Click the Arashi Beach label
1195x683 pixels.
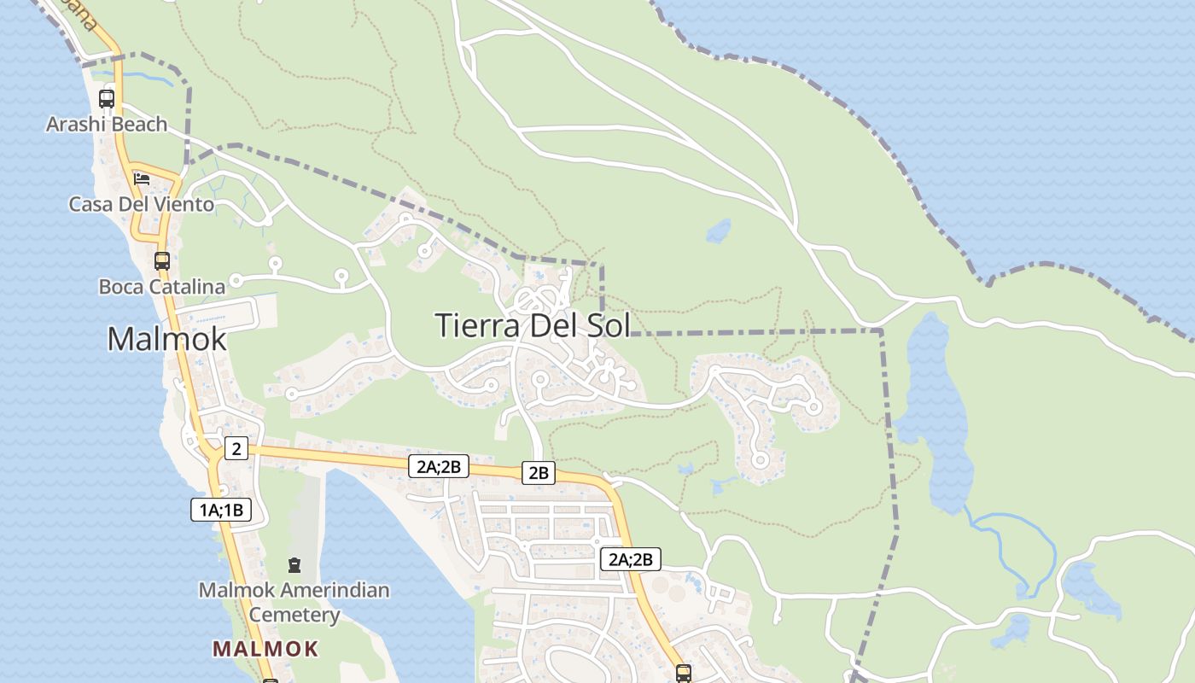107,125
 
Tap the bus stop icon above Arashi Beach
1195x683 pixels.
107,98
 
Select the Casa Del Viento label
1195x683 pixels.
141,205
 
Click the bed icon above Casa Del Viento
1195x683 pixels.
142,179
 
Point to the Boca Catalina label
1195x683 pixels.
161,287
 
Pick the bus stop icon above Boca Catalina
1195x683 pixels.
161,260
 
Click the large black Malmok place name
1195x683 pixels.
166,339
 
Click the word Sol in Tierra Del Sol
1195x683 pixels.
608,325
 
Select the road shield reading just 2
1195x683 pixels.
236,448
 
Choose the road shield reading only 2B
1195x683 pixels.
538,472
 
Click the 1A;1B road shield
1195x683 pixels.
221,511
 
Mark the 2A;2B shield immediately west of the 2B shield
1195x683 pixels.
439,466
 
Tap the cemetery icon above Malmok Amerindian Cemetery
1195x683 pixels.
294,564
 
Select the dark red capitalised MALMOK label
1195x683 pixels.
265,649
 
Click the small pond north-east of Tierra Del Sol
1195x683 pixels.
719,231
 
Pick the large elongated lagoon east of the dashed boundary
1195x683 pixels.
935,410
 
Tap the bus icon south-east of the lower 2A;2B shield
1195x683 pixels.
683,673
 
